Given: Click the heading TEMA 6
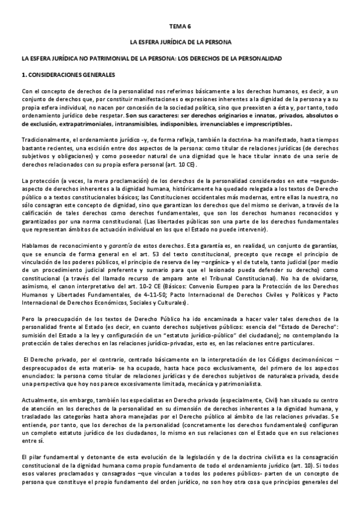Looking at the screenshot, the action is pos(180,27).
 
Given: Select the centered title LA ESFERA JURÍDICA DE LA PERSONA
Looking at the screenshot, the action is pos(180,43).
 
